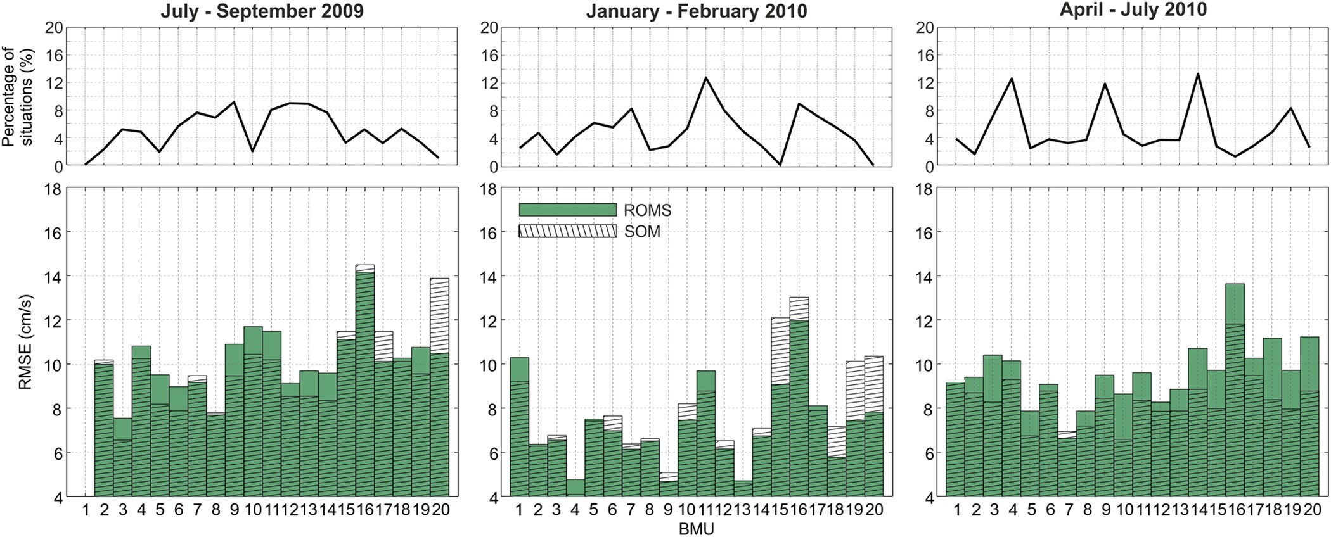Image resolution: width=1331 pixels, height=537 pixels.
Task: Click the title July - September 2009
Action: click(x=262, y=11)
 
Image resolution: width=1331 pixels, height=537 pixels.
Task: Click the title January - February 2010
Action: click(x=696, y=11)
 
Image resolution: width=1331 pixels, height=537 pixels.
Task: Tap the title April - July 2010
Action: click(x=1133, y=9)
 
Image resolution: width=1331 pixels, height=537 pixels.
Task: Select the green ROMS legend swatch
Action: click(x=567, y=210)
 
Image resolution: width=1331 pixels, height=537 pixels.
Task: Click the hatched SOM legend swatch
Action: click(x=567, y=231)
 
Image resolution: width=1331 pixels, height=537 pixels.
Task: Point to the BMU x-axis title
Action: click(x=696, y=529)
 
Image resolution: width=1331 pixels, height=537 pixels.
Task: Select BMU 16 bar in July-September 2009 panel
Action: click(x=365, y=380)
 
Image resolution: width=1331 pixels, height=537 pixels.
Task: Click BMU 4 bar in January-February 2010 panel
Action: click(x=575, y=487)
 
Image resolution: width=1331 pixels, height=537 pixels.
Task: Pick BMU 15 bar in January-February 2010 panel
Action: click(x=780, y=405)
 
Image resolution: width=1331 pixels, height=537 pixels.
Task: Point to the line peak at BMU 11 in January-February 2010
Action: click(x=705, y=78)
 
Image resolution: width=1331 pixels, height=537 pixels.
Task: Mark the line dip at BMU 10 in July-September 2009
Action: click(x=253, y=151)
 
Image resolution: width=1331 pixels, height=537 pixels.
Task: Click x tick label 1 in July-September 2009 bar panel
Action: click(x=86, y=509)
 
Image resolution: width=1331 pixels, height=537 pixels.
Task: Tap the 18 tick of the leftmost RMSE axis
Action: click(x=55, y=189)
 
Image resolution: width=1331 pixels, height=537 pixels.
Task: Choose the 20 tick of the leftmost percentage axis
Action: click(x=55, y=27)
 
